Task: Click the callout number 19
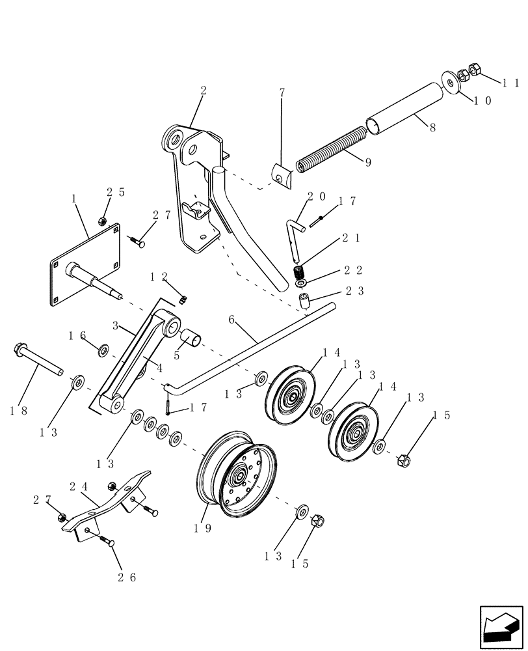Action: (x=201, y=529)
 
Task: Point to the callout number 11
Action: (x=510, y=83)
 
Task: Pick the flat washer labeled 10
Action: (x=449, y=79)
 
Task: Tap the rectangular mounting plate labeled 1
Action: (x=85, y=264)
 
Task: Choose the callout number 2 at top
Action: (x=203, y=92)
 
